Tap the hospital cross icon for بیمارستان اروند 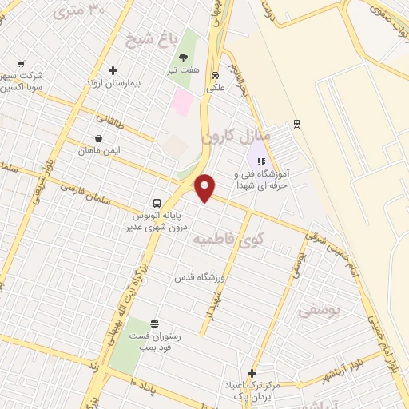pyautogui.click(x=113, y=70)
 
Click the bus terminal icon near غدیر pyautogui.click(x=157, y=203)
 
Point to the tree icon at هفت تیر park pyautogui.click(x=184, y=58)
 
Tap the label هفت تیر pyautogui.click(x=184, y=71)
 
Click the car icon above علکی pyautogui.click(x=215, y=77)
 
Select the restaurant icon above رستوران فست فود pyautogui.click(x=153, y=324)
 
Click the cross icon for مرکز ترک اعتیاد pyautogui.click(x=252, y=373)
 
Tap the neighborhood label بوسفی pyautogui.click(x=318, y=312)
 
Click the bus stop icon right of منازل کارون pyautogui.click(x=296, y=122)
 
